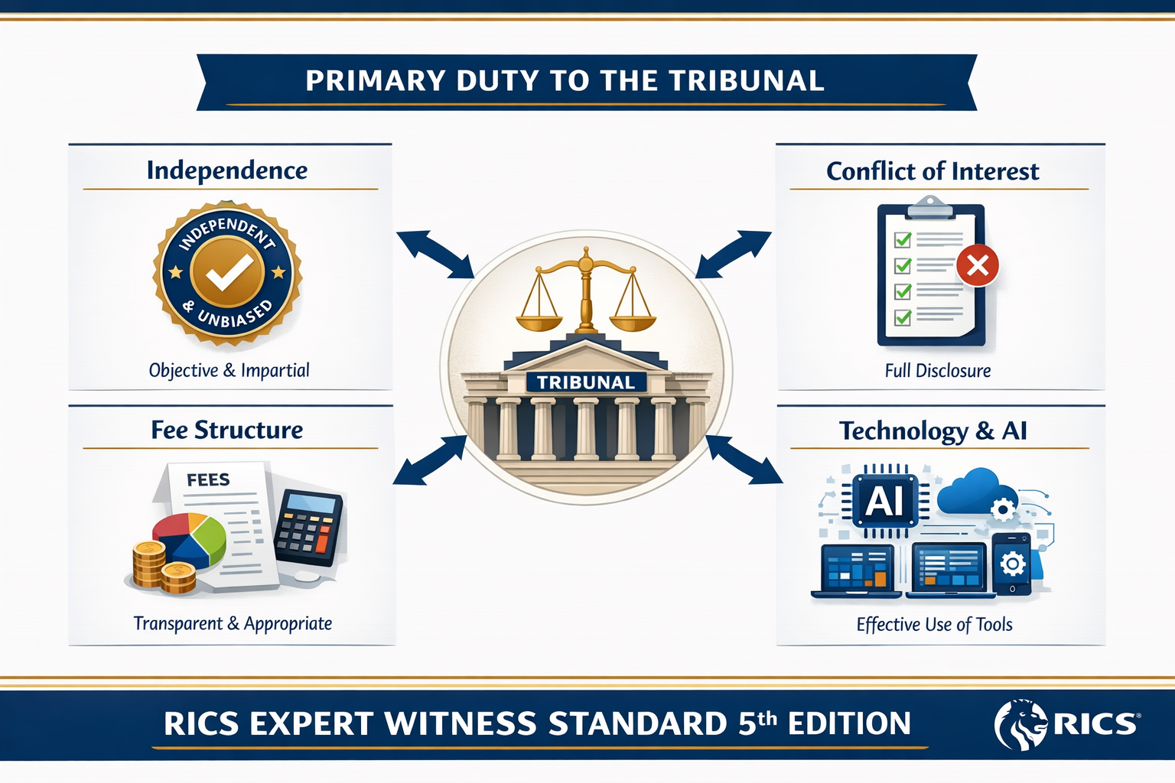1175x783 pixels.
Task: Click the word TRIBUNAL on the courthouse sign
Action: pyautogui.click(x=586, y=382)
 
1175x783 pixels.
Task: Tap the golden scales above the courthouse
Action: pyautogui.click(x=586, y=294)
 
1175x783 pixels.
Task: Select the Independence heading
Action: pyautogui.click(x=227, y=171)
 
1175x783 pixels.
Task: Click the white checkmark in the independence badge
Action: pyautogui.click(x=228, y=271)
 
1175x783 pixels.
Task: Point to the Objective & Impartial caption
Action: pyautogui.click(x=229, y=371)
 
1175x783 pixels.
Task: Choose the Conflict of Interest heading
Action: pyautogui.click(x=933, y=171)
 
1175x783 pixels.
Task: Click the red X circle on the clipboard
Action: pyautogui.click(x=978, y=265)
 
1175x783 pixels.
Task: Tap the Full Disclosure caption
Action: pyautogui.click(x=937, y=371)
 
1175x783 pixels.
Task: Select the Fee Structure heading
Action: pyautogui.click(x=227, y=430)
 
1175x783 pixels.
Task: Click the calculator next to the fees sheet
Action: pyautogui.click(x=308, y=528)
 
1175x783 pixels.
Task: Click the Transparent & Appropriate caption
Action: pyautogui.click(x=233, y=624)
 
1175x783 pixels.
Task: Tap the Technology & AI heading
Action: pyautogui.click(x=933, y=431)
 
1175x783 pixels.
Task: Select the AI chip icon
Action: pyautogui.click(x=884, y=502)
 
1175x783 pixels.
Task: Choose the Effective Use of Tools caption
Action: pyautogui.click(x=934, y=625)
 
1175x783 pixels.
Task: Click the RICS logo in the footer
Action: pyautogui.click(x=1066, y=723)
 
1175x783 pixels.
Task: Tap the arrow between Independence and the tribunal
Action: pyautogui.click(x=435, y=255)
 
